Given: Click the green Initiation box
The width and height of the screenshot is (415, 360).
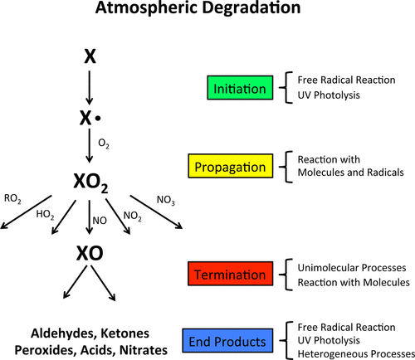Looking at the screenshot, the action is [240, 88].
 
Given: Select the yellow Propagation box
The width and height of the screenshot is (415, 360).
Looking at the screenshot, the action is [231, 166].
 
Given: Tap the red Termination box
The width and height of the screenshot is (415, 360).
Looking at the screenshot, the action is [230, 274].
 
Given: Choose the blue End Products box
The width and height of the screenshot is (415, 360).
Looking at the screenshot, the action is [227, 341].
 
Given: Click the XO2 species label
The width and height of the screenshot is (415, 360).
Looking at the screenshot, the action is [90, 182].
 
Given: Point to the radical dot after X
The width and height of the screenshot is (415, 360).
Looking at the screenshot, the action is [98, 119].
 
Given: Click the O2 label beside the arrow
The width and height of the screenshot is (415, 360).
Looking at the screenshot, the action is [104, 144].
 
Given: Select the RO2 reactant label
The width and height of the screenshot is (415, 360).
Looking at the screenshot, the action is [12, 199].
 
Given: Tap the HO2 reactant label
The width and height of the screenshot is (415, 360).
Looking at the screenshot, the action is [45, 215].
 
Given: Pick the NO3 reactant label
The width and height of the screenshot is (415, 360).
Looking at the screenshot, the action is [166, 200].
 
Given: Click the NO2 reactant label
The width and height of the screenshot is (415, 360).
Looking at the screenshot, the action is [133, 216].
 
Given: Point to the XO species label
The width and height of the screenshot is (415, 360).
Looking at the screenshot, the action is [90, 253].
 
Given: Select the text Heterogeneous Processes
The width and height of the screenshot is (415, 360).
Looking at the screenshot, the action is [356, 353].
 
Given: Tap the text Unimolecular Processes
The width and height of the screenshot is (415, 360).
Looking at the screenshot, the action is [352, 268].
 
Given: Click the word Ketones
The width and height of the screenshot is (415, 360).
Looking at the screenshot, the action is [124, 333].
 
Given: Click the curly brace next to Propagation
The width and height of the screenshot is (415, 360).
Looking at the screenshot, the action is [286, 167].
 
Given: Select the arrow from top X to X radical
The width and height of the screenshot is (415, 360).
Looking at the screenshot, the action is [89, 88].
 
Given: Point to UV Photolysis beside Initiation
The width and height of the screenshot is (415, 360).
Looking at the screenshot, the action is [329, 95].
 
